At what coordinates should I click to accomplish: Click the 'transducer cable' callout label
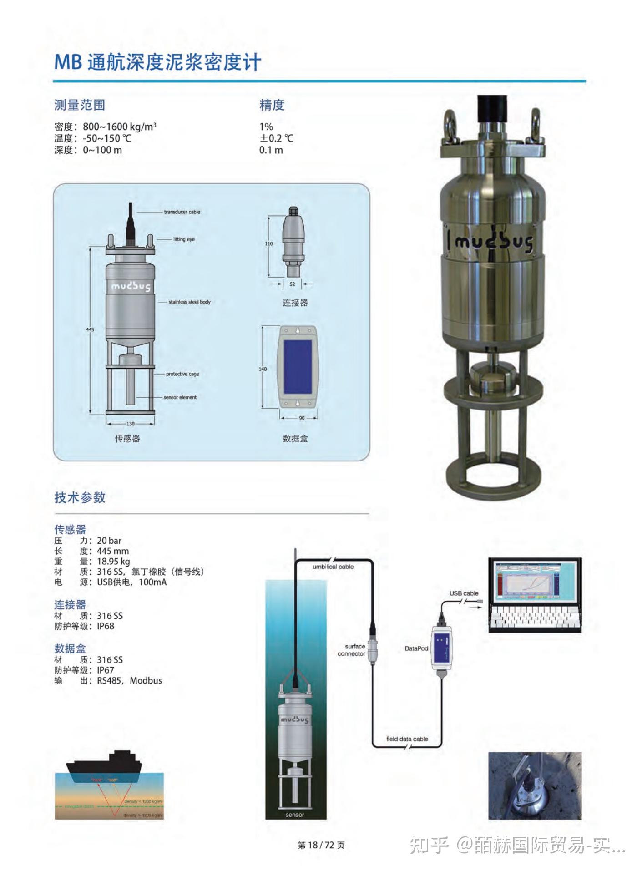pos(182,212)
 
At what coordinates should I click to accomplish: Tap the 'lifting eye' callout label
pos(184,239)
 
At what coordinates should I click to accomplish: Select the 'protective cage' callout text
pos(182,374)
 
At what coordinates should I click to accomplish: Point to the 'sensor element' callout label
pos(180,397)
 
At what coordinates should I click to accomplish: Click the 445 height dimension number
pos(90,329)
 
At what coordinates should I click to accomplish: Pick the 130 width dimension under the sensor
pos(131,424)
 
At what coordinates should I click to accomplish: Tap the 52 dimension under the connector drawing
pos(292,284)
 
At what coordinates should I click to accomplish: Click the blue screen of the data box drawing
pos(298,367)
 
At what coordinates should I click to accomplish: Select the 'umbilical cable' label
pos(333,567)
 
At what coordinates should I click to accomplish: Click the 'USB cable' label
pos(464,593)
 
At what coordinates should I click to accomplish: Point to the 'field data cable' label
pos(407,739)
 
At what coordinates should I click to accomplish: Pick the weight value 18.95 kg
pos(113,562)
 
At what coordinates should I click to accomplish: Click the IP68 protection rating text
pos(106,626)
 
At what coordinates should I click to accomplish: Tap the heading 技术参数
pos(80,497)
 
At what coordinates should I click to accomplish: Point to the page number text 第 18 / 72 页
pos(321,845)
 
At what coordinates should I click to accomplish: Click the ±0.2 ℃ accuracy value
pos(276,138)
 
